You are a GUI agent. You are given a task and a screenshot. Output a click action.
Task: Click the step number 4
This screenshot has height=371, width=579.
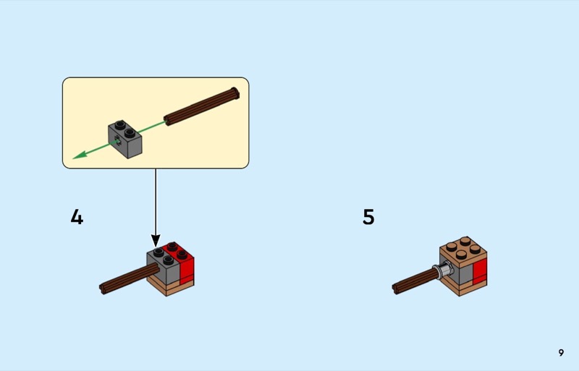click(x=77, y=217)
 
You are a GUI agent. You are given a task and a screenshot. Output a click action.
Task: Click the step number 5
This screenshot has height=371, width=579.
click(x=368, y=217)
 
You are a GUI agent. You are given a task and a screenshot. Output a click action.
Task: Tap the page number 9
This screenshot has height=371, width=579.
click(x=561, y=352)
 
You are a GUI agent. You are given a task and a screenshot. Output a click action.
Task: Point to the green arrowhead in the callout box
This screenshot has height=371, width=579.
click(x=80, y=155)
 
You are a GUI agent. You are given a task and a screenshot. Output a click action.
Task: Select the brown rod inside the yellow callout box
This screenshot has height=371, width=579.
click(x=202, y=107)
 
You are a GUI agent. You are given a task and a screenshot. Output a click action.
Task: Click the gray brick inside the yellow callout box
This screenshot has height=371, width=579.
click(x=124, y=139)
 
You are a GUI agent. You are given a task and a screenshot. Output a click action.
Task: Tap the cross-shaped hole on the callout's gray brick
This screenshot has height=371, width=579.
click(x=117, y=141)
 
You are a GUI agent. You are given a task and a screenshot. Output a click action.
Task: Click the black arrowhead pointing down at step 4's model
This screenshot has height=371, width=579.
click(x=156, y=241)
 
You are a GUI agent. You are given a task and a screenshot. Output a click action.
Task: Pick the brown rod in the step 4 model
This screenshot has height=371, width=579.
click(x=130, y=279)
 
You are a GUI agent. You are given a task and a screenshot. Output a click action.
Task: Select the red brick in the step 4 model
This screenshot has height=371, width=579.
click(x=183, y=261)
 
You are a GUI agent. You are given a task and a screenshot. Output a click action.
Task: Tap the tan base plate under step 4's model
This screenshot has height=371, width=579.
click(x=171, y=287)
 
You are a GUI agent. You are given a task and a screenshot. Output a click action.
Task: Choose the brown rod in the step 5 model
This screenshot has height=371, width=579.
click(x=415, y=281)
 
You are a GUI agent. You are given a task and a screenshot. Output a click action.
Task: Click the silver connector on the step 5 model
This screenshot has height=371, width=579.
click(x=444, y=270)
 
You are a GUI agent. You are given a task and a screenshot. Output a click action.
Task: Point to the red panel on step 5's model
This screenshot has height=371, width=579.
click(x=480, y=272)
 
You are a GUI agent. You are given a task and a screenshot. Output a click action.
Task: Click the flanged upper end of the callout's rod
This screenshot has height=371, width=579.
click(x=234, y=93)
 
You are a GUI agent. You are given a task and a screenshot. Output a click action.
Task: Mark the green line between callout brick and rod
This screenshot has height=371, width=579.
click(x=152, y=127)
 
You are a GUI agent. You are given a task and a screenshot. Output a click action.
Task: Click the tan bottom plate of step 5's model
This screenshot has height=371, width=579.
click(x=463, y=287)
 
